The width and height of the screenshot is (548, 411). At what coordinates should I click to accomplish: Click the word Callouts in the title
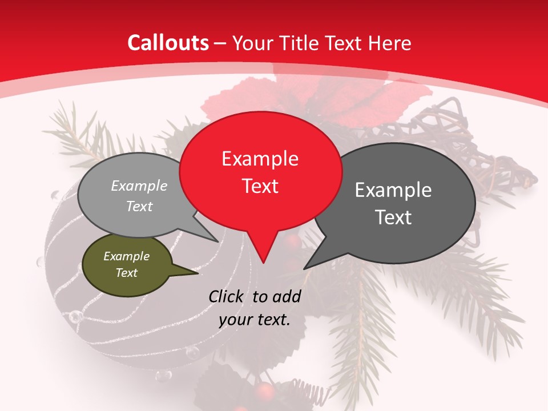[168, 43]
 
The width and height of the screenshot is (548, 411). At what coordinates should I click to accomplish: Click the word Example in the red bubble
[260, 159]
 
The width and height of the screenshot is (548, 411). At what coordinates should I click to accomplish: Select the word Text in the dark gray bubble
[393, 217]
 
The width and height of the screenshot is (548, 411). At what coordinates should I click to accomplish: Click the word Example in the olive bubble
[126, 256]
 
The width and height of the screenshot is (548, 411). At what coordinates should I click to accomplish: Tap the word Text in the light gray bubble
[139, 206]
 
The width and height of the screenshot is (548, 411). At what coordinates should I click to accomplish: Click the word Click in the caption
[228, 296]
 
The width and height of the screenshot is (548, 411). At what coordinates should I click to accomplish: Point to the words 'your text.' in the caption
[255, 320]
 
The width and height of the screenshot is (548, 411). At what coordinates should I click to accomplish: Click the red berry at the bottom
[264, 392]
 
